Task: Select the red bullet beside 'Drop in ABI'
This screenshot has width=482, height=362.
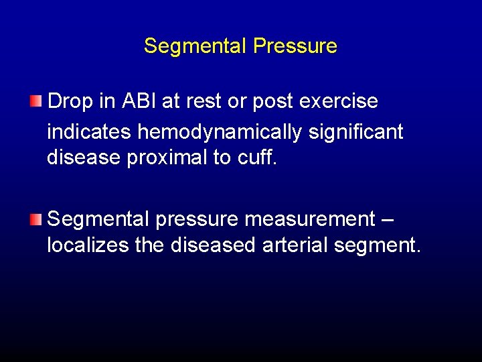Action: pyautogui.click(x=35, y=101)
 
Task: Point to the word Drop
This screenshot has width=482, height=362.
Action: pyautogui.click(x=71, y=101)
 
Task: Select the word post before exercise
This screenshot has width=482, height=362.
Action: pyautogui.click(x=278, y=103)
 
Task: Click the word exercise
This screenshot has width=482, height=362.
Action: pyautogui.click(x=340, y=101)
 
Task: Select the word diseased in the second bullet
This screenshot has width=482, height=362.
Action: pyautogui.click(x=213, y=245)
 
